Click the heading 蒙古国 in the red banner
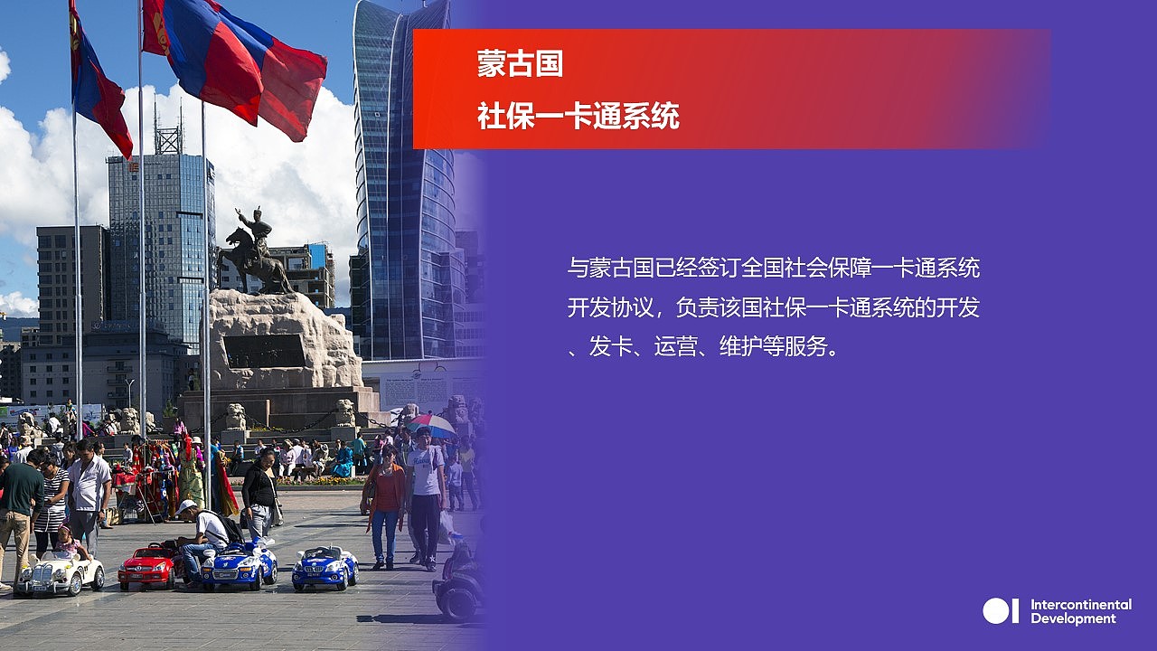tap(520, 63)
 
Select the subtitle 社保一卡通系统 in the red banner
tap(578, 116)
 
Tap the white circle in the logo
tap(995, 611)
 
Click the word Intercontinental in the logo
tap(1080, 604)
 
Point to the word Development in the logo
tap(1073, 618)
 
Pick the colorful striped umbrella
tap(430, 424)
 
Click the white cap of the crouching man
tap(186, 506)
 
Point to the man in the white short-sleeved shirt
tap(89, 488)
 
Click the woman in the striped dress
tap(51, 497)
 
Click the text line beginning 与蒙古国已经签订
tap(773, 268)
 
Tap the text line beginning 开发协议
tap(773, 307)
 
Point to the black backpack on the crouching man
tap(230, 526)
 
